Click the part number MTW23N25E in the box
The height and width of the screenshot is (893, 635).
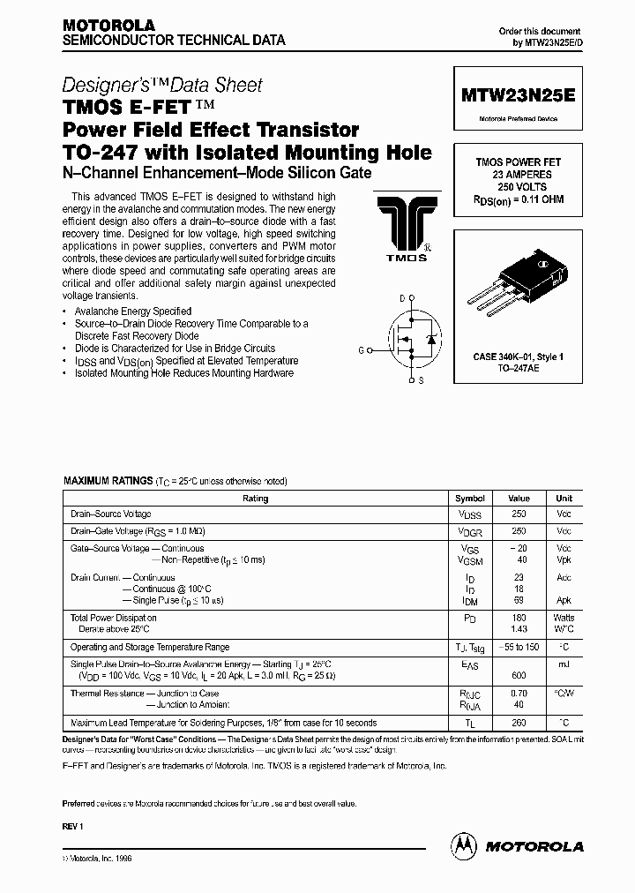coord(517,95)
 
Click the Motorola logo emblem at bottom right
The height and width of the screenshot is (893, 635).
coord(464,845)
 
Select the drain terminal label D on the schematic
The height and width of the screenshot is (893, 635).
coord(402,299)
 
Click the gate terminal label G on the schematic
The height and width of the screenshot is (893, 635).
coord(362,349)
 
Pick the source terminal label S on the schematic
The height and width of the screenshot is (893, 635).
coord(420,380)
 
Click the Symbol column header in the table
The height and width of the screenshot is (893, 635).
coord(468,498)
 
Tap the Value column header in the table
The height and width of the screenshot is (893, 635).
coord(519,498)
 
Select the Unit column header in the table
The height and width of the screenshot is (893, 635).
coord(563,498)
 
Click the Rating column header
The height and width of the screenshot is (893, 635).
coord(255,498)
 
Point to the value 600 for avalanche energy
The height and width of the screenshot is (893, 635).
coord(519,674)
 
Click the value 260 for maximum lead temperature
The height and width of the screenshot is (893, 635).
coord(519,722)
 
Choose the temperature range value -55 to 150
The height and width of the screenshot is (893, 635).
coord(519,647)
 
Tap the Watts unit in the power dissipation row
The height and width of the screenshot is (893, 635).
coord(563,618)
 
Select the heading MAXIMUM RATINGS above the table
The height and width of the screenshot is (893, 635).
coord(107,481)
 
